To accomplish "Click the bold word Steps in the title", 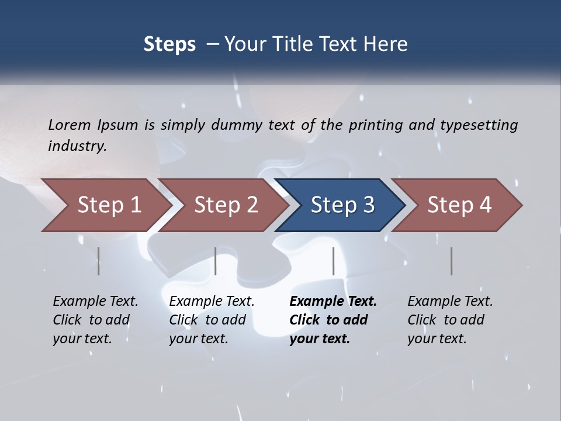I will (x=169, y=44).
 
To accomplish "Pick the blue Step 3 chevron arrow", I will (x=342, y=205).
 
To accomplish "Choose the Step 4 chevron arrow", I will (x=459, y=205).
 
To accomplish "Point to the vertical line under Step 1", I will (x=98, y=261).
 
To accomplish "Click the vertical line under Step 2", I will (x=216, y=261).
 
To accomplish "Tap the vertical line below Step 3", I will (x=333, y=261).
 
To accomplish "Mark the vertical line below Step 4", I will (x=451, y=261).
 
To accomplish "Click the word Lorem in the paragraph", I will (x=69, y=125).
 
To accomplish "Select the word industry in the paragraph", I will (x=77, y=146).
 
